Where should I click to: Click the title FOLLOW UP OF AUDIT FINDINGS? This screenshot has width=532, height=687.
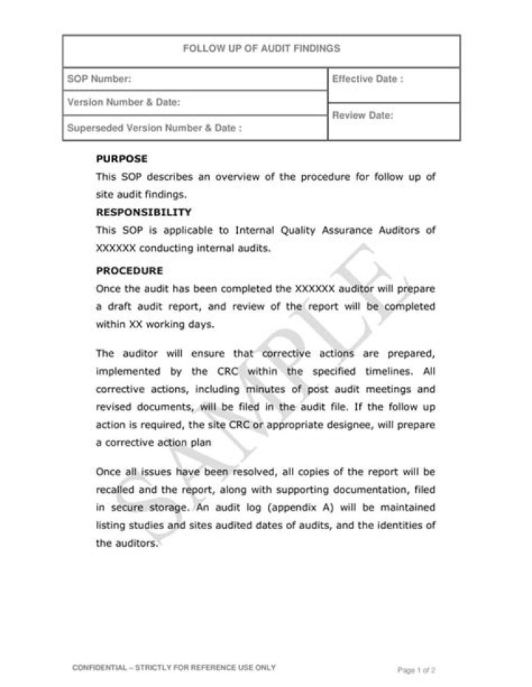pos(261,49)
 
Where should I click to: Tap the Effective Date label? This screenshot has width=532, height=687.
pos(367,79)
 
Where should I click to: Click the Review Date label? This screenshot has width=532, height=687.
pos(362,116)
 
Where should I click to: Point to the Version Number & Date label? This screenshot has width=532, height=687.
pos(123,103)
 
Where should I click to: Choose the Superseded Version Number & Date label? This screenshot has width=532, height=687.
pos(154,128)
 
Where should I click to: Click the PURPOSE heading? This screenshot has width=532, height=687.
pos(122,159)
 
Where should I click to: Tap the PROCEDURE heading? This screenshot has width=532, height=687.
pos(129,271)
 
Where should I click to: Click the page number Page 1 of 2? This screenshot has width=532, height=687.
pos(416,671)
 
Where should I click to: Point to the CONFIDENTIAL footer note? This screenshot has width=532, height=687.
pos(174,667)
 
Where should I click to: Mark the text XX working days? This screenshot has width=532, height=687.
pos(159,324)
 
